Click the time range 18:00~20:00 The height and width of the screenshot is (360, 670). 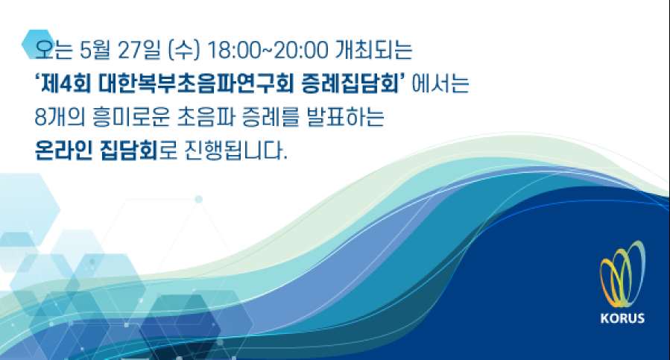[x=267, y=51]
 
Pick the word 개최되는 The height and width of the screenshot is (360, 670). [x=373, y=50]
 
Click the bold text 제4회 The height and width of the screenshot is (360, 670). [x=66, y=83]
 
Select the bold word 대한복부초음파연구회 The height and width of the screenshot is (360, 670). [x=196, y=83]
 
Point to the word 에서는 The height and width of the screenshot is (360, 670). [x=440, y=83]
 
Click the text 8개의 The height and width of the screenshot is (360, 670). [x=60, y=117]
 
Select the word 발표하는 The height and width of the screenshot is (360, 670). [x=345, y=117]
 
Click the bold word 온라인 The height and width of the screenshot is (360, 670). [x=63, y=150]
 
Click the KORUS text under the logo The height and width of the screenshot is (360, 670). [x=622, y=318]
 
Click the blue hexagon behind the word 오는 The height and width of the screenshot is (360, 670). [x=39, y=44]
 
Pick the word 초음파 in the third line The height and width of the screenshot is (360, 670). [x=206, y=117]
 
